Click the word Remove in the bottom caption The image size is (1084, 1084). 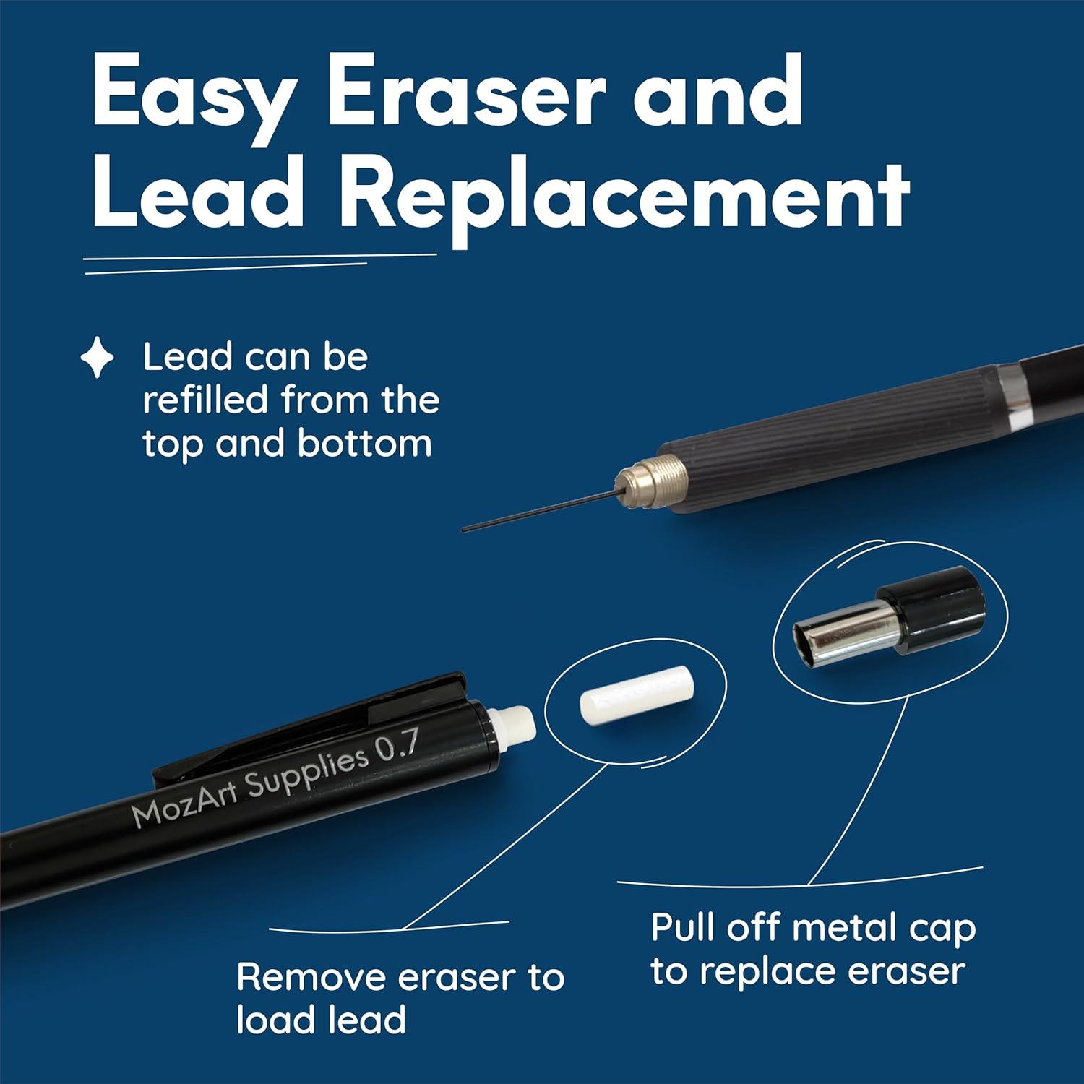311,977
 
